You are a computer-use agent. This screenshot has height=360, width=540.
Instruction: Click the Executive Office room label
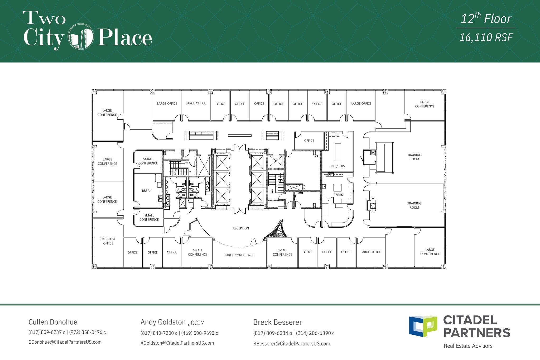(108, 241)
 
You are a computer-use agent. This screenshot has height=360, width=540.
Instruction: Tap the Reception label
(241, 228)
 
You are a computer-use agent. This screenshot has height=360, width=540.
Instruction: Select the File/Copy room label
(338, 166)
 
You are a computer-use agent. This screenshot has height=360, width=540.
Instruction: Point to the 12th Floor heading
(486, 19)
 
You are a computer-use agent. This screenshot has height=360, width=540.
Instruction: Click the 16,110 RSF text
(486, 37)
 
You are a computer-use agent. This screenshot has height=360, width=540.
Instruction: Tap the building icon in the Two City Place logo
(81, 36)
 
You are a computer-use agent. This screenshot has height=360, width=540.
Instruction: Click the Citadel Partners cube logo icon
(423, 326)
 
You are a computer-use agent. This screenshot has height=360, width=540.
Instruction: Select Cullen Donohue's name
(53, 322)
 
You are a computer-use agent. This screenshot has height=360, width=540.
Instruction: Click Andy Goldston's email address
(177, 343)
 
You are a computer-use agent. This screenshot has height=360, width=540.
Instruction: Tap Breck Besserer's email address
(292, 344)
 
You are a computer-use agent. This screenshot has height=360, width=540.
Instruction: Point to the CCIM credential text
(198, 323)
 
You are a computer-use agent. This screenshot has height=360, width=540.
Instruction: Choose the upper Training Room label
(414, 157)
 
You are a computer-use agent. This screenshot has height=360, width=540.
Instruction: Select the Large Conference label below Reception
(239, 255)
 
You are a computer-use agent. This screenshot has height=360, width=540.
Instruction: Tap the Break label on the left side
(147, 191)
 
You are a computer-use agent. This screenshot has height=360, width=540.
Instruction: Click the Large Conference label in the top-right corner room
(425, 104)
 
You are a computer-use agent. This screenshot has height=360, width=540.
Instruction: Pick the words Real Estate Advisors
(468, 346)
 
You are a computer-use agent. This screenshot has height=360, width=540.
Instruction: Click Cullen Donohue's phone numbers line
(67, 332)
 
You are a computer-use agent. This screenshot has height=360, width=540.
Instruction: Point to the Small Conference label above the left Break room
(148, 161)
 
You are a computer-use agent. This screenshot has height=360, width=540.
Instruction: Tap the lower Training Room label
(414, 205)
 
